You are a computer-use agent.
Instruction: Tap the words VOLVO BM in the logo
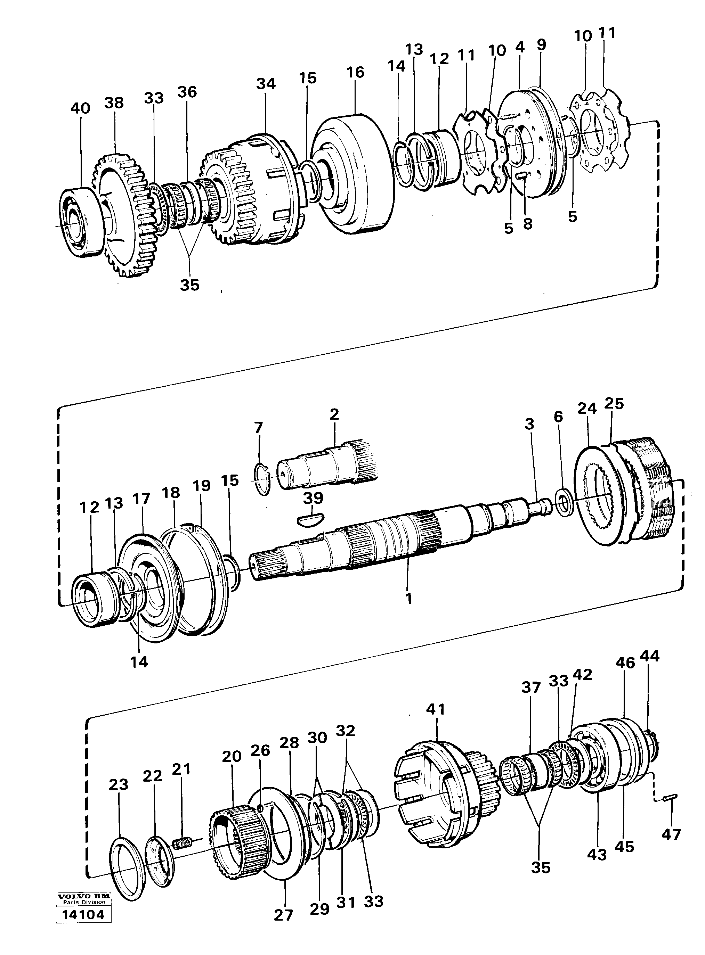point(84,918)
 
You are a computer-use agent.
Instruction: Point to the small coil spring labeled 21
point(183,842)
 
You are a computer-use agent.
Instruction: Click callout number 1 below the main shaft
point(408,599)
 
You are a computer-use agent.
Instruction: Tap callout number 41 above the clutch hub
point(435,709)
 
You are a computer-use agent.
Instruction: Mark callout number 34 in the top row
point(266,84)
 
